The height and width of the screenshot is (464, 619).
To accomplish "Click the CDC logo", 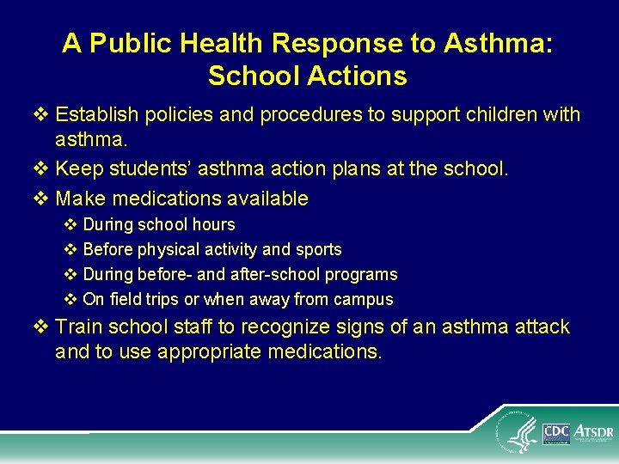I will pos(556,432).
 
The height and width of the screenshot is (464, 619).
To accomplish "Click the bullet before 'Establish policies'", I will pos(44,114).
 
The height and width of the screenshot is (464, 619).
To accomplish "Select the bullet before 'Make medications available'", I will pos(44,198).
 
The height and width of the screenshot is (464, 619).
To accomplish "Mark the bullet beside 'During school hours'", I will pos(71,224).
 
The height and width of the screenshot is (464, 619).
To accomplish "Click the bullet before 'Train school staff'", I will pos(44,327).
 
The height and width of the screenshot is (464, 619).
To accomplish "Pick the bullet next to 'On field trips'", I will pos(71,300).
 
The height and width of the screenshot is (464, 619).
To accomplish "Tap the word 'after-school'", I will pos(276,275).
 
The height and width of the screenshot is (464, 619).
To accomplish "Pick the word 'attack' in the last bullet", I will pos(542,327).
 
